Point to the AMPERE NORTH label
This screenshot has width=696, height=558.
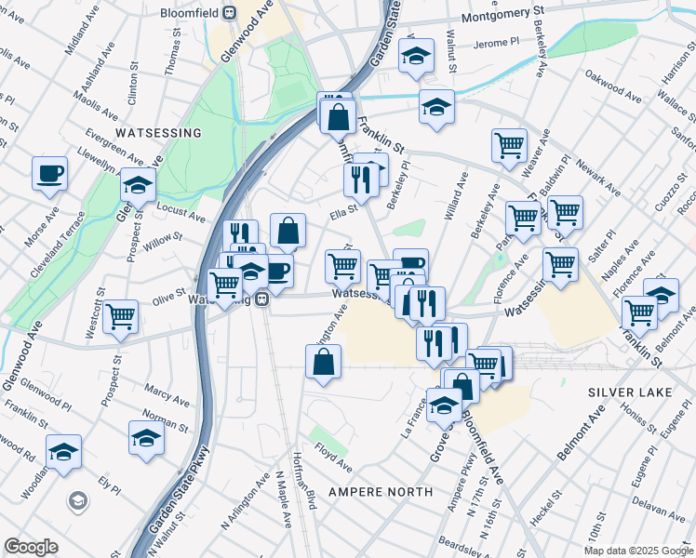[380, 491]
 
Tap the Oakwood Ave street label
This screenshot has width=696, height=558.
[613, 90]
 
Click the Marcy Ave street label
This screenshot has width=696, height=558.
[167, 396]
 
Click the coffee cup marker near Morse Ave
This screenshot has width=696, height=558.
[50, 172]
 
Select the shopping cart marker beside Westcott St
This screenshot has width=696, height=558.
[122, 316]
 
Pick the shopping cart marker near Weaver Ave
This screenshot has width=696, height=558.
[509, 144]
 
